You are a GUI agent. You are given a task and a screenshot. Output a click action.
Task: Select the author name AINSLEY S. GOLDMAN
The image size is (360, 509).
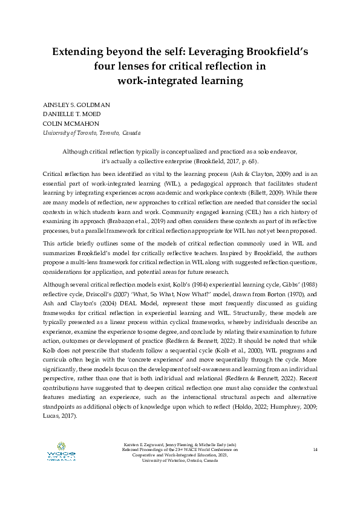pos(76,104)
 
